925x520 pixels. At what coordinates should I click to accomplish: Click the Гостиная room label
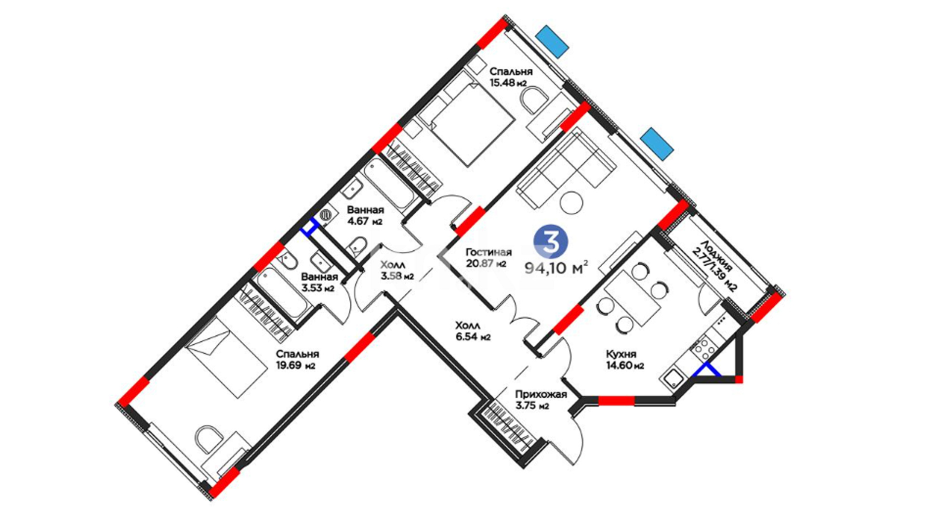click(489, 252)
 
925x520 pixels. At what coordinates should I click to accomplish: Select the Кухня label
click(621, 354)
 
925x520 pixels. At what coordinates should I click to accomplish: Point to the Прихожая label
click(541, 395)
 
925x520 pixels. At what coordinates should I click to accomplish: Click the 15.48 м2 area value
click(508, 82)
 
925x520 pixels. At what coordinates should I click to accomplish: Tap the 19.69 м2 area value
click(296, 365)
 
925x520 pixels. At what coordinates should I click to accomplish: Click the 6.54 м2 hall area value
click(473, 337)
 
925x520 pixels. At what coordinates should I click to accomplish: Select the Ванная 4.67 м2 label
click(365, 216)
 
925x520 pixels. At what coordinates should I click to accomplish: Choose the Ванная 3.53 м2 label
click(319, 283)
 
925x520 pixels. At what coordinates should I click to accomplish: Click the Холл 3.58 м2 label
click(396, 271)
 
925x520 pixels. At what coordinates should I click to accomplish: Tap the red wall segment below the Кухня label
click(616, 401)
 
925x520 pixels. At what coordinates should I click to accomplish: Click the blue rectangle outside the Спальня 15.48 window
click(552, 41)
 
